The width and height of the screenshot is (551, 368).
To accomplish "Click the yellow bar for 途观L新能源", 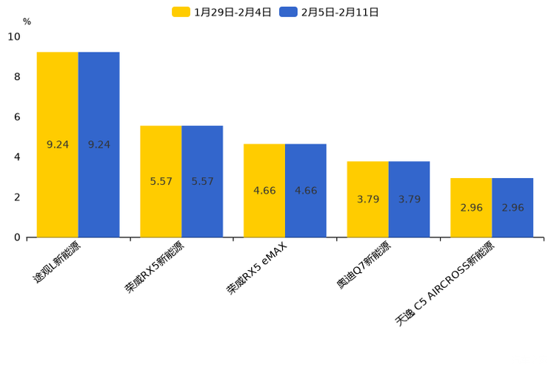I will click(57, 145).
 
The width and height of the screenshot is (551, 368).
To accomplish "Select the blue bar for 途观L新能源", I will click(98, 145).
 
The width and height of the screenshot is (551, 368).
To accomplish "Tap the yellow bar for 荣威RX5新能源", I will click(161, 181).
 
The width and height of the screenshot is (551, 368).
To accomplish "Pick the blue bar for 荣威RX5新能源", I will click(202, 181).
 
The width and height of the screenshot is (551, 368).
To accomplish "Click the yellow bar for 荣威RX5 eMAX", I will click(264, 191).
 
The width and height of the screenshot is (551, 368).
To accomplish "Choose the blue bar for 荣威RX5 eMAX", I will click(306, 191).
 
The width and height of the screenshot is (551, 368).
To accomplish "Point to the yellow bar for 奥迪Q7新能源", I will click(368, 199).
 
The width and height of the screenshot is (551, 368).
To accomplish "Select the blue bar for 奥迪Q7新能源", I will click(409, 199).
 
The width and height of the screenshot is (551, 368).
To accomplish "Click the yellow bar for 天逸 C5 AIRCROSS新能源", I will click(471, 208).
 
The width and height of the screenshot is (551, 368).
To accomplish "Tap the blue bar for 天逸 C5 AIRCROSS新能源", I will click(512, 208).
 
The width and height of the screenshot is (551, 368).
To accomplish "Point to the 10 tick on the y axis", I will click(14, 37).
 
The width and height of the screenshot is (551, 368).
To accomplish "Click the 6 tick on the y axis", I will click(17, 117).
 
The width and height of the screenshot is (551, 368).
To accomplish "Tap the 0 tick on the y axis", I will click(17, 237).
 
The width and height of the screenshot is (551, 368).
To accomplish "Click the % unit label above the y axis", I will click(27, 22).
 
